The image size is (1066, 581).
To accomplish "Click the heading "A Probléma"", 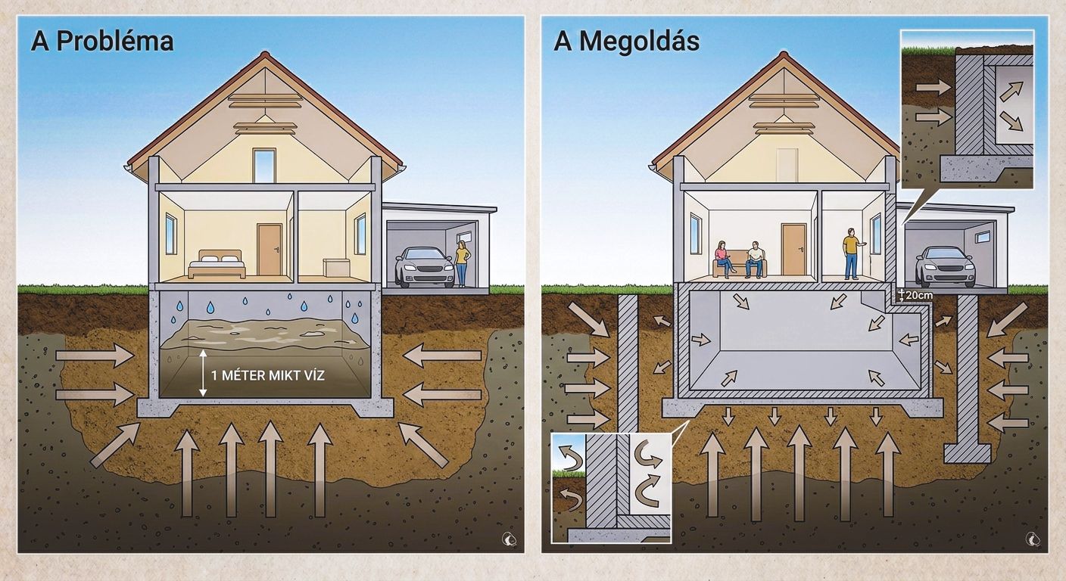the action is (x=102, y=42).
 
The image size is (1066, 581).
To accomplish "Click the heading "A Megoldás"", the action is (x=627, y=42).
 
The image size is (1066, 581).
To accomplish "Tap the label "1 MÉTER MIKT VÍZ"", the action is (x=268, y=376).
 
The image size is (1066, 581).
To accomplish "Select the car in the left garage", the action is (x=424, y=266).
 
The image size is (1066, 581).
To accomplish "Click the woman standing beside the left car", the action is (x=462, y=264).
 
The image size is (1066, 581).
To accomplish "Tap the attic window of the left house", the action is (x=264, y=165).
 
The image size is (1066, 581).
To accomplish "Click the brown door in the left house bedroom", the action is (x=270, y=250).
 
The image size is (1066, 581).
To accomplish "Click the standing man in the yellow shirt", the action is (x=851, y=254).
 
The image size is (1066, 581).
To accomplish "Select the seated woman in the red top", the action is (x=725, y=259).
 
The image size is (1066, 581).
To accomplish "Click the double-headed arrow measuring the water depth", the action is (x=203, y=373).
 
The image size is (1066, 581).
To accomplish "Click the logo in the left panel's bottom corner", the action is (x=510, y=539).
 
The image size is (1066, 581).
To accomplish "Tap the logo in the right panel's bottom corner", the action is (x=1033, y=539).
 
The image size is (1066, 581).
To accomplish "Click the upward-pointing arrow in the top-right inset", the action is (x=1011, y=91).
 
